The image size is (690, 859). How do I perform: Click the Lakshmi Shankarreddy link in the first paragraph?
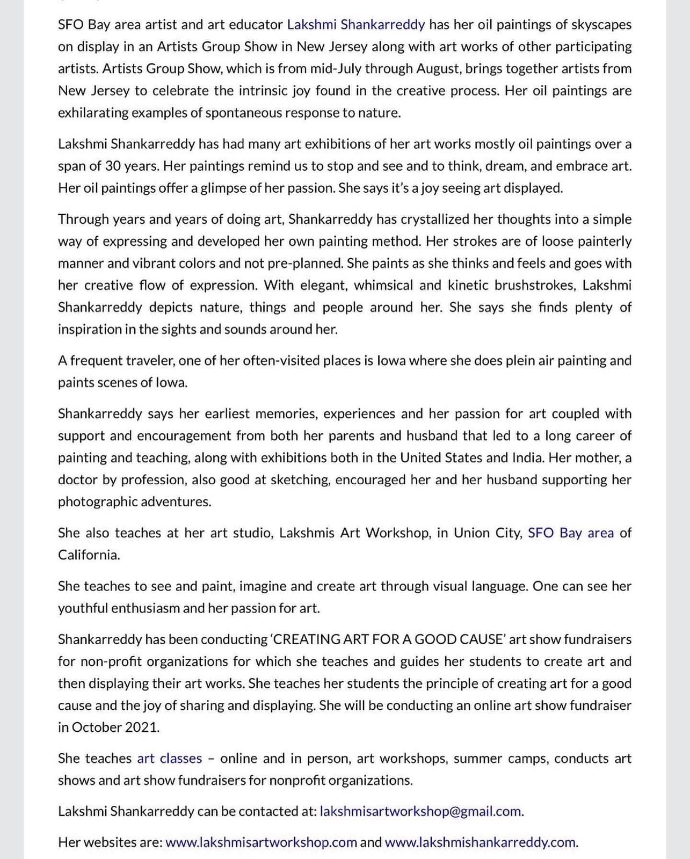coord(356,24)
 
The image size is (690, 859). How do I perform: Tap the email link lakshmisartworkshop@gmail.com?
coord(420,811)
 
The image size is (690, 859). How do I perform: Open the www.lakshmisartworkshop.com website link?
coord(261,842)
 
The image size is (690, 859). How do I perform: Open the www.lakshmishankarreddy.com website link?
coord(480,842)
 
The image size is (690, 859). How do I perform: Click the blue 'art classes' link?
coord(170,758)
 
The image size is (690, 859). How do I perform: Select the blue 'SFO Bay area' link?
coord(571,533)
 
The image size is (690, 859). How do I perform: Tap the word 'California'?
coord(88,555)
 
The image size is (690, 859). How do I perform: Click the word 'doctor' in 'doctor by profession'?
coord(78,479)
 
